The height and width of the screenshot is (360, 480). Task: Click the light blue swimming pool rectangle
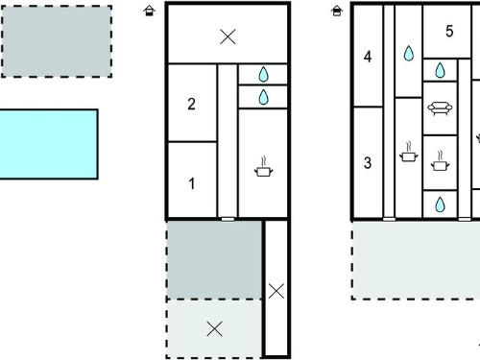[x=49, y=144]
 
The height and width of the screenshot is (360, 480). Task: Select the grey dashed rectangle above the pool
[x=57, y=41]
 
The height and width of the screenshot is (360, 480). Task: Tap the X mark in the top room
[x=228, y=36]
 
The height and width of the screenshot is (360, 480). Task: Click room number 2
[x=191, y=104]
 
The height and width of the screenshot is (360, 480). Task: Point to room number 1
[x=192, y=183]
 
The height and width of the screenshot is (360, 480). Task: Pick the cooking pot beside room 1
[x=263, y=167]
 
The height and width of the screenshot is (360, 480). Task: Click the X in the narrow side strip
[x=276, y=291]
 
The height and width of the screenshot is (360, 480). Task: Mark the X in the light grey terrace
[x=214, y=328]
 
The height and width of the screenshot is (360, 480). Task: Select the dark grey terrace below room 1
[x=214, y=260]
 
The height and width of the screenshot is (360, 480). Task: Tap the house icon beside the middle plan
[x=149, y=11]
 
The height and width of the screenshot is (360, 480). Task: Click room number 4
[x=368, y=57]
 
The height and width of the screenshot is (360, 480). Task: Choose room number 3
[x=368, y=163]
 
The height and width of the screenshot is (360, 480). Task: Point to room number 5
[x=449, y=31]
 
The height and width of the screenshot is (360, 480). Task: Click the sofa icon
[x=440, y=108]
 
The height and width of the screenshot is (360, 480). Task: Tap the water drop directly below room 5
[x=441, y=70]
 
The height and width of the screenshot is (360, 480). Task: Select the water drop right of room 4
[x=409, y=53]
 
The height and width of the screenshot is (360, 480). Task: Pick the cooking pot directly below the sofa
[x=440, y=160]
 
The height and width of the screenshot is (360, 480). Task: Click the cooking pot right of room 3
[x=409, y=152]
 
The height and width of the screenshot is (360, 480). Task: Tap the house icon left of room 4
[x=337, y=11]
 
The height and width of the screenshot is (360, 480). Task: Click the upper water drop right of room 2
[x=263, y=74]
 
